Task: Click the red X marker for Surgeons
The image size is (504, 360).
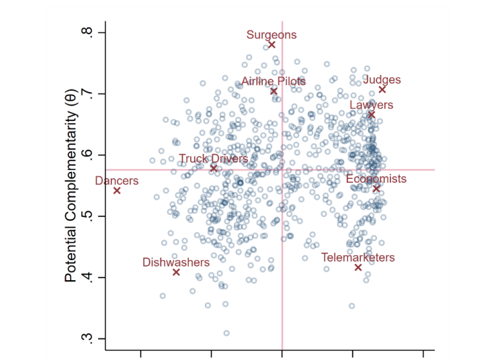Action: (x=271, y=44)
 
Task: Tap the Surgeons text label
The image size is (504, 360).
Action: (x=271, y=35)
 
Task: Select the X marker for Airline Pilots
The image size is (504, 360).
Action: (x=274, y=91)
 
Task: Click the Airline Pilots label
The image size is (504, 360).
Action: (x=274, y=81)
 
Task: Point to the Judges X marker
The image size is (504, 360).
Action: (x=382, y=89)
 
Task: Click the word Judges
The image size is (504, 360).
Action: (x=382, y=80)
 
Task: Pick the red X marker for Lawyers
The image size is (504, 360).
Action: (x=371, y=115)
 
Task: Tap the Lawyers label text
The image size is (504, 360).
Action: (x=371, y=105)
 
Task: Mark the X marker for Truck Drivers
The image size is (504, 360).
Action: (x=214, y=168)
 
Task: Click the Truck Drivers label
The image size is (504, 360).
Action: (x=213, y=159)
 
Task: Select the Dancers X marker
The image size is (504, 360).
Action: (x=117, y=190)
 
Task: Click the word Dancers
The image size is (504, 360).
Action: (x=117, y=181)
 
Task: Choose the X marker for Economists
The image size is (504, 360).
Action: (x=376, y=188)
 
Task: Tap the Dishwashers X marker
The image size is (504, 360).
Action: (x=176, y=272)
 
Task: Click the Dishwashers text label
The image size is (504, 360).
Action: (x=176, y=263)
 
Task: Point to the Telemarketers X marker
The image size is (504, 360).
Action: (x=358, y=267)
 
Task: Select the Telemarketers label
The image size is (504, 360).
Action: (x=358, y=257)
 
